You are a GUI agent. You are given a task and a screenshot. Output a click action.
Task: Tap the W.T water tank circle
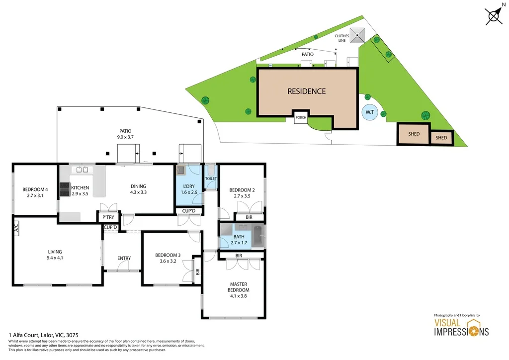click(370, 112)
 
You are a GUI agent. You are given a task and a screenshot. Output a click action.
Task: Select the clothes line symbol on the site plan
click(357, 35)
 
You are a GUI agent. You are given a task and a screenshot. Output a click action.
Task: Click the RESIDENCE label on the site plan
click(307, 91)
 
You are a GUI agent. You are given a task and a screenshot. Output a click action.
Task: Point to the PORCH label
click(301, 118)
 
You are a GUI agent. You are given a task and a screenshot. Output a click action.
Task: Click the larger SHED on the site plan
click(414, 134)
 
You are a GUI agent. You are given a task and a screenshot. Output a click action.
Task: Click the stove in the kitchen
click(65, 189)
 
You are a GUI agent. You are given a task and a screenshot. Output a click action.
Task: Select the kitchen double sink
click(82, 170)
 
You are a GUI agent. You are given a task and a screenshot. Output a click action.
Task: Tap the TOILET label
click(211, 178)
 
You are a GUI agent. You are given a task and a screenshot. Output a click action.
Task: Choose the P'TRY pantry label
click(108, 217)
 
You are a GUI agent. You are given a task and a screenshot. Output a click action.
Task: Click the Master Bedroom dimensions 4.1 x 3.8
click(238, 296)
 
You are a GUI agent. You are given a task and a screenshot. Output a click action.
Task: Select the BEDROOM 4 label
click(35, 189)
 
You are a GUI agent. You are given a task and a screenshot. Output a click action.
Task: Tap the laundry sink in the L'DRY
click(182, 170)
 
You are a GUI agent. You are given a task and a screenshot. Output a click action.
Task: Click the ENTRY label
click(124, 258)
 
